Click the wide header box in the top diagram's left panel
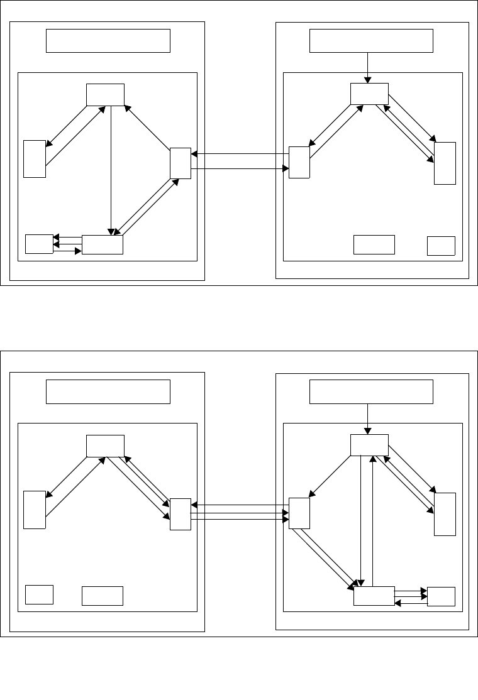point(108,41)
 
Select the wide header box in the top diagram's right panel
point(372,41)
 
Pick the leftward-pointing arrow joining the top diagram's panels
point(239,154)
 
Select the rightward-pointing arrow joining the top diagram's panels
point(239,168)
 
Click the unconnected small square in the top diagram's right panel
point(440,246)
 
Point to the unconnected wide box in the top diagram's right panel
point(374,244)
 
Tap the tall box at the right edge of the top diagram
point(444,163)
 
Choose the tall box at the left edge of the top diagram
point(35,159)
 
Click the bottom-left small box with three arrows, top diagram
point(39,244)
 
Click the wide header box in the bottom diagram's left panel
point(108,391)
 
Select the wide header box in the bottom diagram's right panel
point(372,391)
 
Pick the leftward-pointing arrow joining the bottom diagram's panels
point(239,505)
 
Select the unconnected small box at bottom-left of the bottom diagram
point(39,594)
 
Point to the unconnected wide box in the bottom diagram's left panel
point(102,596)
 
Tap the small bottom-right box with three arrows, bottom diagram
point(440,596)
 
